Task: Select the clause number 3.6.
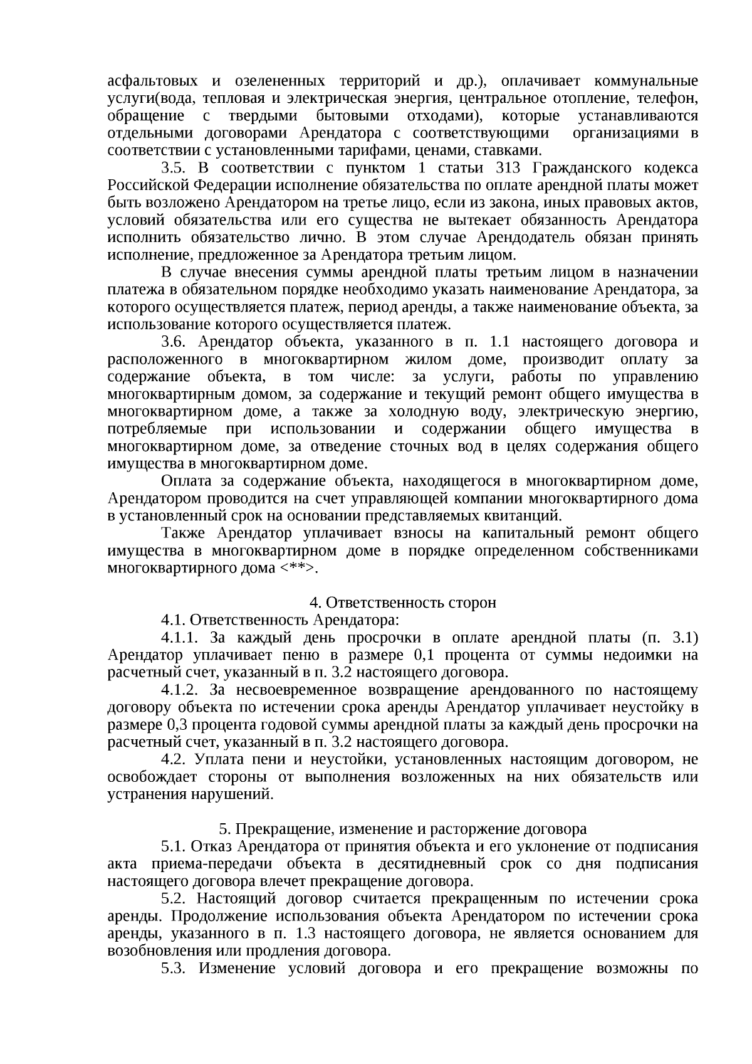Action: [174, 342]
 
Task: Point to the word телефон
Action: [673, 99]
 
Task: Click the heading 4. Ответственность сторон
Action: [403, 603]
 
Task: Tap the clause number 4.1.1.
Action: [180, 638]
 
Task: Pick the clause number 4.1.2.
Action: [180, 690]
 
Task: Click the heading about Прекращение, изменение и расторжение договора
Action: [403, 829]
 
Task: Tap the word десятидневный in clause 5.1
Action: [432, 864]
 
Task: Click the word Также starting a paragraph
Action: [184, 533]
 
